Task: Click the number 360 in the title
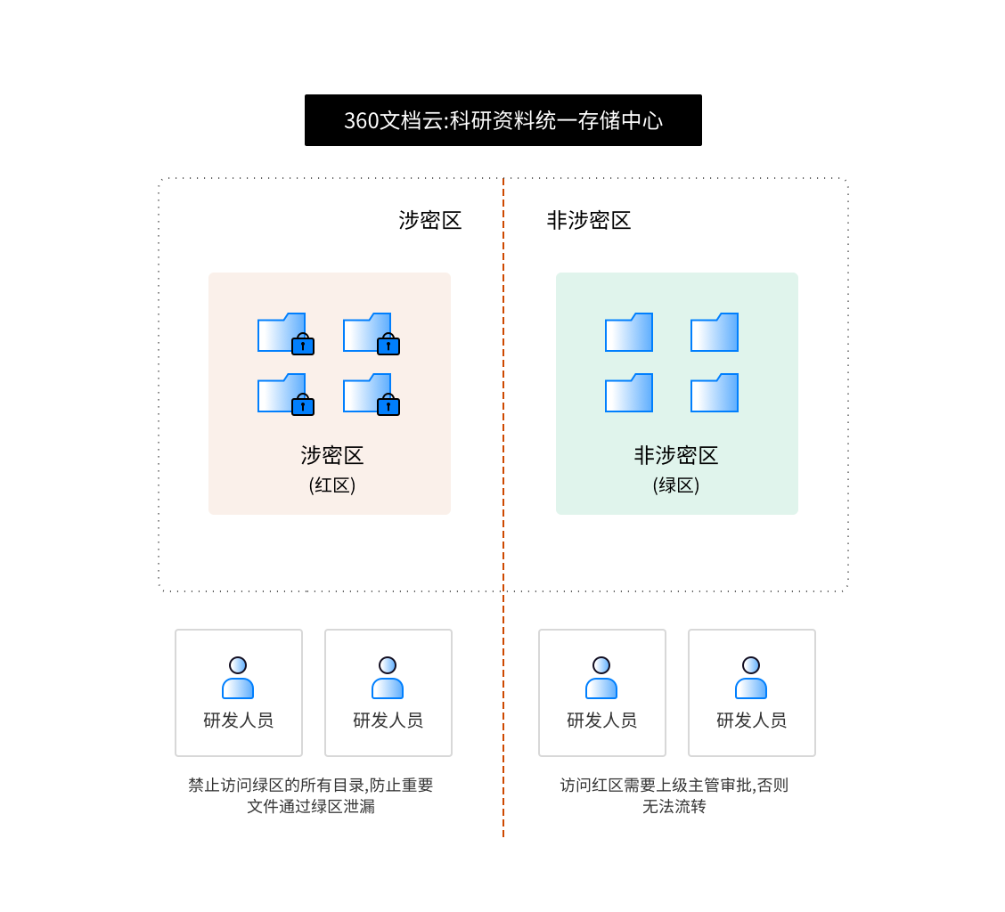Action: coord(361,121)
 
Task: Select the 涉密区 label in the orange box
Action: coord(331,456)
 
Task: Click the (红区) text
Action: coord(331,485)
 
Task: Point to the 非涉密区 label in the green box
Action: coord(676,456)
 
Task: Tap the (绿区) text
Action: coord(676,485)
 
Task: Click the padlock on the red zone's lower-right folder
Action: coord(388,405)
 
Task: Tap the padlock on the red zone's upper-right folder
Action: coord(388,345)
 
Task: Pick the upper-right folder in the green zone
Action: coord(715,333)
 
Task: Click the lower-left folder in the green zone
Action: coord(629,394)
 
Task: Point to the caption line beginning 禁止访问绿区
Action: coord(310,786)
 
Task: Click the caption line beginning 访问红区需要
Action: coord(674,786)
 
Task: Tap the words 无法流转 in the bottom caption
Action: coord(674,807)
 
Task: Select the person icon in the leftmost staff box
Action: coord(238,679)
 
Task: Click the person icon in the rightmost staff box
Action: coord(751,679)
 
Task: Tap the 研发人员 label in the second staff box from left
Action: coord(388,721)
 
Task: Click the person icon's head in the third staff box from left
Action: coord(601,665)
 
